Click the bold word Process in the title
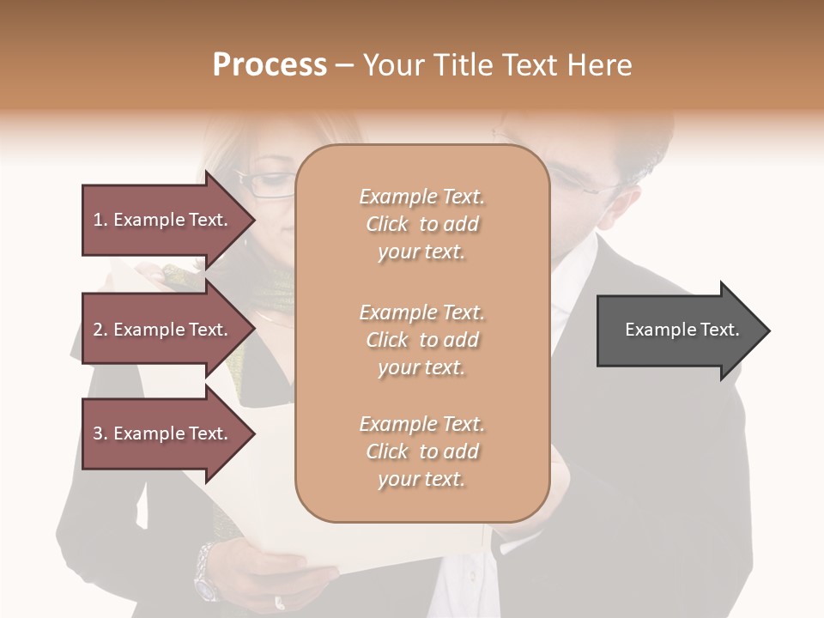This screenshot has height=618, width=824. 270,65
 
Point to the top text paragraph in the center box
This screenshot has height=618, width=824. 421,224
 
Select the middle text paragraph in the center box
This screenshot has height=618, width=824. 421,340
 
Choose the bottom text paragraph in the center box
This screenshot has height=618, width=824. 421,451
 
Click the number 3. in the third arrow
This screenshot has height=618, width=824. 100,433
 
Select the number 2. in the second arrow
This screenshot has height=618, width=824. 100,330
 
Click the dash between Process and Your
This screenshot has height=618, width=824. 344,65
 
